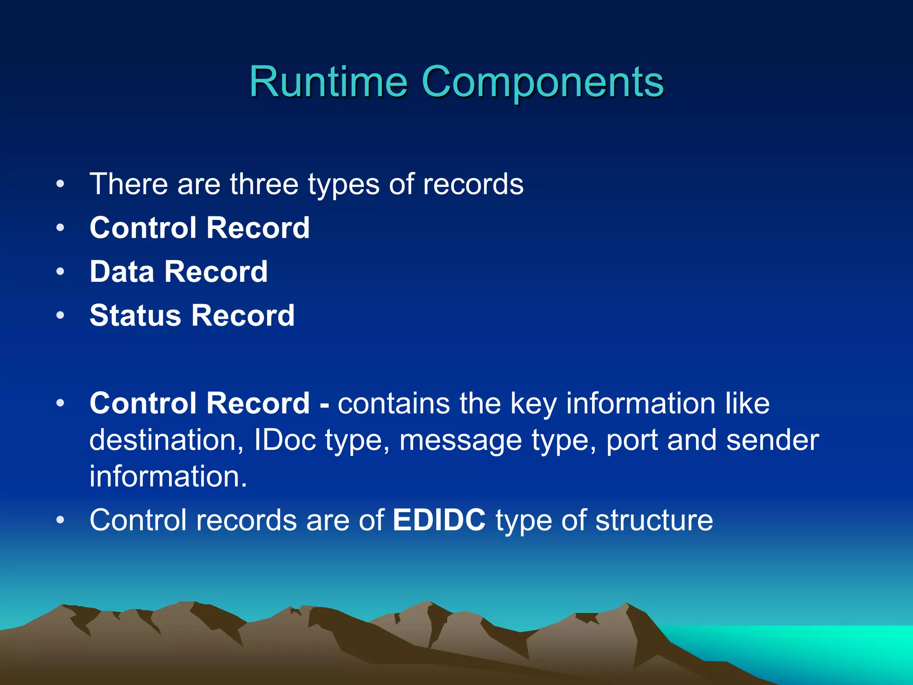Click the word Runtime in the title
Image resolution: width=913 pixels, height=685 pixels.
[328, 82]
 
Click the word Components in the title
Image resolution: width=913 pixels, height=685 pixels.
[542, 82]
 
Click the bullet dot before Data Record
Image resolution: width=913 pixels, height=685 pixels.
[61, 272]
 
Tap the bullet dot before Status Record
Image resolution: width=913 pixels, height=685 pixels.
[61, 316]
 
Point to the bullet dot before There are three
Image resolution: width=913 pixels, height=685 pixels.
[61, 184]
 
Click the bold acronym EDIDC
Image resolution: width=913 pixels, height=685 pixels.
[439, 520]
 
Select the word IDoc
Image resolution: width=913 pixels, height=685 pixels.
[285, 440]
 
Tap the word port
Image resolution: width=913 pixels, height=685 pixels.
[631, 440]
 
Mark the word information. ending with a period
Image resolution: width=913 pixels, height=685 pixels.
[168, 477]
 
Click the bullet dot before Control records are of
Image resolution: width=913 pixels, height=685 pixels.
[61, 520]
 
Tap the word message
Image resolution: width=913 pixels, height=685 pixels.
[460, 440]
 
